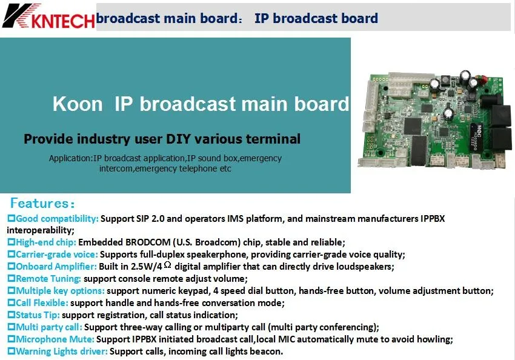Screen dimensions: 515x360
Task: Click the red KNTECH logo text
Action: [63, 21]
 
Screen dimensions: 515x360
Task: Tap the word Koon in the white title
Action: [78, 104]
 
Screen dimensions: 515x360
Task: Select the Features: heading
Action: [42, 203]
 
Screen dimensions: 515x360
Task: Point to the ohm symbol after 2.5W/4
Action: [167, 265]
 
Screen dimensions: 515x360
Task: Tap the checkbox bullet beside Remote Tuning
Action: [11, 279]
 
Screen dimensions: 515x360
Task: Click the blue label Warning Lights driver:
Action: [62, 352]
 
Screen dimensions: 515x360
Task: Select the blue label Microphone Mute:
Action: [55, 339]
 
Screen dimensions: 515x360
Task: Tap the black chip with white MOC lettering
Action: [479, 137]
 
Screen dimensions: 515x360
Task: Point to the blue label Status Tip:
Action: [38, 315]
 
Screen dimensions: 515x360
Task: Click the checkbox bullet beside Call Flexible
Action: [11, 303]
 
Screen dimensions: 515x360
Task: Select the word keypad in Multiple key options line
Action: [193, 291]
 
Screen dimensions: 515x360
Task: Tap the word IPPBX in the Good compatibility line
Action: [432, 219]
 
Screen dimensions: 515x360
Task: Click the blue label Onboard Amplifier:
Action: [56, 267]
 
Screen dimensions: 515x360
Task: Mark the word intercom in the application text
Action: [116, 169]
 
